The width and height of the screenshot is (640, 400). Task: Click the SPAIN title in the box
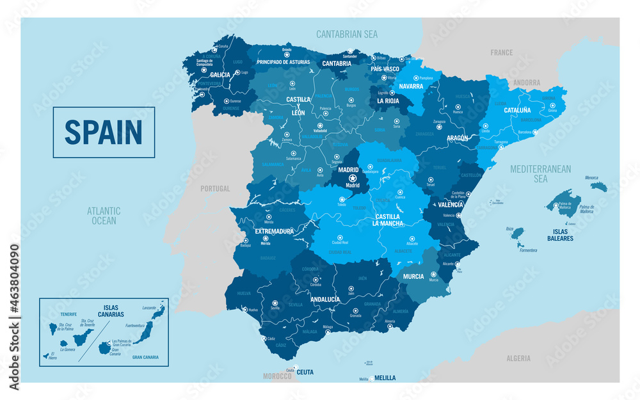point(103,132)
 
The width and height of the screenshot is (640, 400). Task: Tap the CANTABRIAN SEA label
point(347,33)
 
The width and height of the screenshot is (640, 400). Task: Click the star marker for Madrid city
point(352,178)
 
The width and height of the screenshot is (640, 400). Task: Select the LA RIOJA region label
point(388,100)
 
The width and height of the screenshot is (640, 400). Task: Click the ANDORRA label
point(527,82)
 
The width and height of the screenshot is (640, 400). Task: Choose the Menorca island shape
point(598,186)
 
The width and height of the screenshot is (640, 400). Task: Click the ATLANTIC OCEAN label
point(104,215)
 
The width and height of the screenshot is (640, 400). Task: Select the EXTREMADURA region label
point(274,231)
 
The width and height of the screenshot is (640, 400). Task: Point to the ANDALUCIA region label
point(324,299)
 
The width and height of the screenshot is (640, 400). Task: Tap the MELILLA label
point(385,378)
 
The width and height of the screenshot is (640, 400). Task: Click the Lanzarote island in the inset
point(158,312)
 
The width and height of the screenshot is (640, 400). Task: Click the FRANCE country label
point(502,52)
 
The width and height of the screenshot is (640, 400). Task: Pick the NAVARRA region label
point(410,86)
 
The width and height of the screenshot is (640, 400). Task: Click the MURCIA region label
point(413,276)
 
